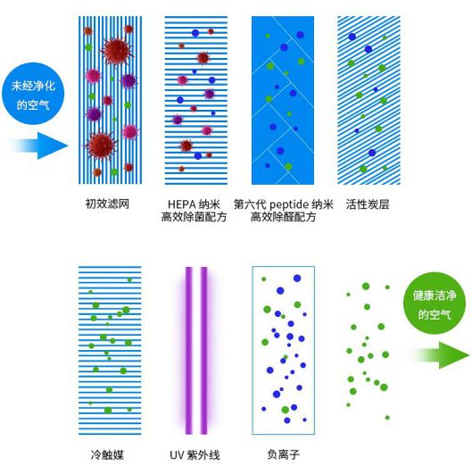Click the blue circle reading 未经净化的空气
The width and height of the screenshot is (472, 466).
[x=33, y=94]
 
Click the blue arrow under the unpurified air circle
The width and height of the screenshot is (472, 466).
[x=39, y=146]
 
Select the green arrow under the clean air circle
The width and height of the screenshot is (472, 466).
[x=441, y=355]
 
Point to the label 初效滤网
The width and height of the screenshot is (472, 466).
[x=107, y=204]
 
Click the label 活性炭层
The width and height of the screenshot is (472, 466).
[x=368, y=204]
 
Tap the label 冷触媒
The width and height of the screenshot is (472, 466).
[x=107, y=454]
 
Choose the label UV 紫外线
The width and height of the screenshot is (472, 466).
[x=195, y=455]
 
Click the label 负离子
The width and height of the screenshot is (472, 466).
[x=283, y=454]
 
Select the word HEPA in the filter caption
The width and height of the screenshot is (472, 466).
[x=181, y=204]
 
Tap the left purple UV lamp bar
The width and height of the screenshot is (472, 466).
[x=189, y=350]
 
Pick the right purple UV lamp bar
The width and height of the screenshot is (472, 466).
[x=203, y=350]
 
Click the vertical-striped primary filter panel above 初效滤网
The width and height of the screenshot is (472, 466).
[x=110, y=100]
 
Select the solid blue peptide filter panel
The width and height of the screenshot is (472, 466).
[x=283, y=100]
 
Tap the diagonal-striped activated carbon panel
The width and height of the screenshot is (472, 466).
[x=368, y=100]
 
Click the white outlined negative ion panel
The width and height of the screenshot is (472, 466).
[x=253, y=350]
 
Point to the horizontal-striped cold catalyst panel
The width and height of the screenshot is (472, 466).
[x=110, y=350]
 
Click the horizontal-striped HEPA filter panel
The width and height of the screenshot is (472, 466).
[x=196, y=100]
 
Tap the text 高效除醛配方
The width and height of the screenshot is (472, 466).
[x=283, y=217]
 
